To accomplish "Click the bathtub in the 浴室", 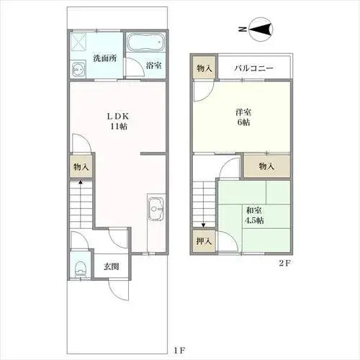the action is point(145,42).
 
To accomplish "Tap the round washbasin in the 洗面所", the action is point(78,69).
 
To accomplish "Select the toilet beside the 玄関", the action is point(80,269).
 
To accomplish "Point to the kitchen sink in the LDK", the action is point(156,209).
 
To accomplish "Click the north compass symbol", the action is point(261,30).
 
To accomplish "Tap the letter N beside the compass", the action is point(243,30).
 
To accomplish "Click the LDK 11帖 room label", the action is point(118,122).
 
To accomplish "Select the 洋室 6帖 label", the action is point(243,117).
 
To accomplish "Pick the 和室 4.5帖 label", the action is point(254,215).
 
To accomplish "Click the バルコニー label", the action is point(253,68).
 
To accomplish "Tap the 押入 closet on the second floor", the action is point(204,240).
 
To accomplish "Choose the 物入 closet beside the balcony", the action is point(204,68).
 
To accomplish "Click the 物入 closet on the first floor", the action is point(81,166).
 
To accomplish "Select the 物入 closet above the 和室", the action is point(266,166).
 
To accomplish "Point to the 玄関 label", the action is point(111,266).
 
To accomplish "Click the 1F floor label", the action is point(180,351).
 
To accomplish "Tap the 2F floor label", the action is point(285,263).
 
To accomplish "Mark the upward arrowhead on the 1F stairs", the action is point(81,182).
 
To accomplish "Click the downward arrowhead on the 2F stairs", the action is point(204,225).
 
